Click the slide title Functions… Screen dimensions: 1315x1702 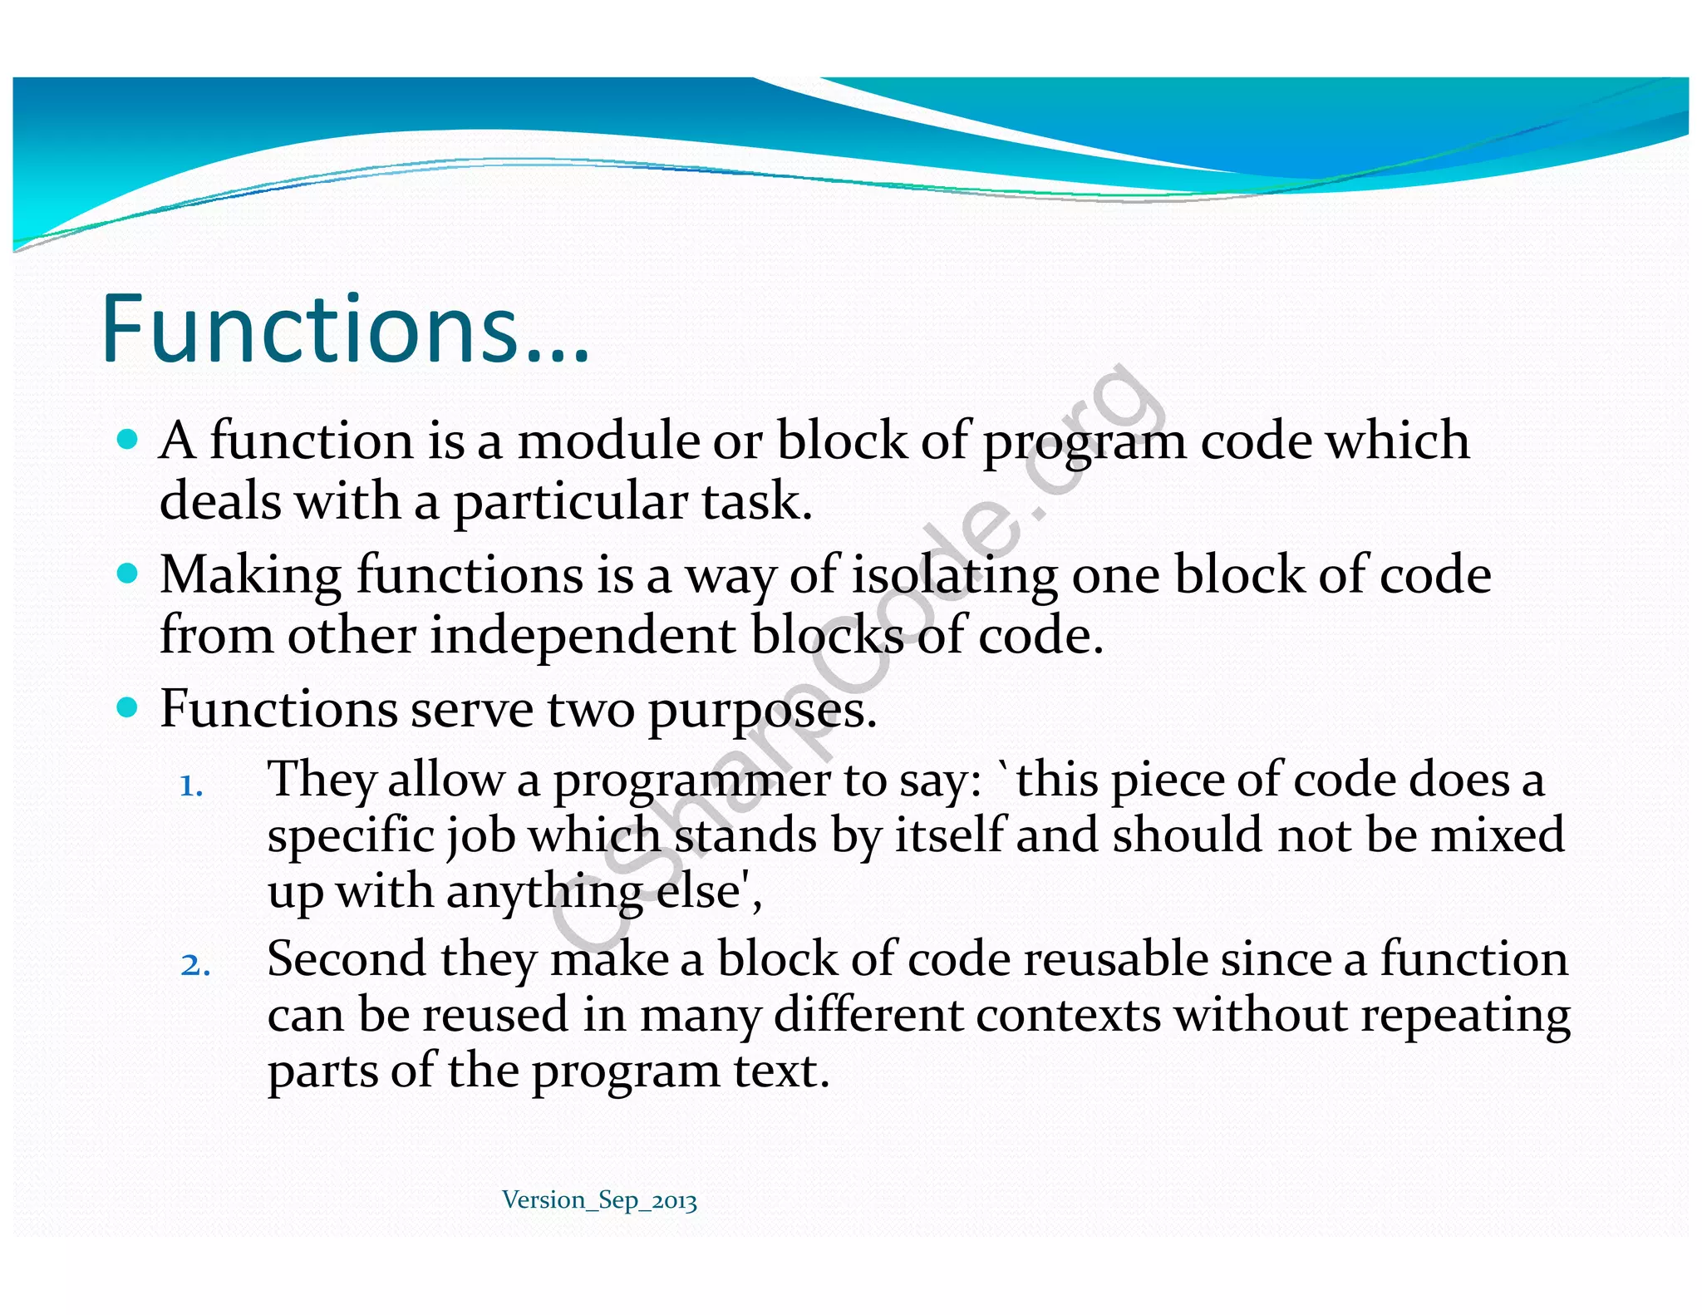tap(345, 329)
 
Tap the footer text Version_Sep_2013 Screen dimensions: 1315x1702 tap(599, 1200)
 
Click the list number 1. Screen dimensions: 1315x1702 tap(191, 786)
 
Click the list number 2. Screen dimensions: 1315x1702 tap(194, 965)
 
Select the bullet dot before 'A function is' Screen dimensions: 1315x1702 tap(127, 439)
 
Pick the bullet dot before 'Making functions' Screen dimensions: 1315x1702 tap(127, 573)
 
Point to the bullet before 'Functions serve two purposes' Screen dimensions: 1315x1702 tap(127, 707)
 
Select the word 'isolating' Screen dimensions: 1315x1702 tap(954, 575)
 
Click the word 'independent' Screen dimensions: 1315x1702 tap(583, 636)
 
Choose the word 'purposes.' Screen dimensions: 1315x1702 tap(761, 712)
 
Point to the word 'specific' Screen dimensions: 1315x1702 tap(350, 836)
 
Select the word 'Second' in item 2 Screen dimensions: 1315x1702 tap(346, 959)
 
